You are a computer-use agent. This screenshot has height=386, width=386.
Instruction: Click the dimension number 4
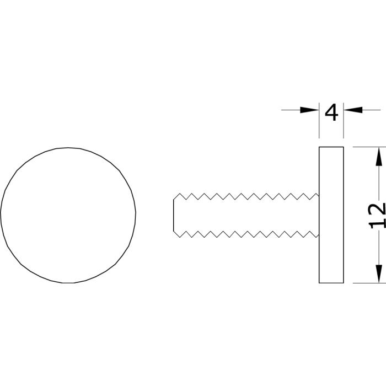click(x=331, y=112)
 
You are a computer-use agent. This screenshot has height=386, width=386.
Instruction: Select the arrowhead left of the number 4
click(x=309, y=110)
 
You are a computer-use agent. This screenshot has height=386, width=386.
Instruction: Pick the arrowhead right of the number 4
click(x=353, y=110)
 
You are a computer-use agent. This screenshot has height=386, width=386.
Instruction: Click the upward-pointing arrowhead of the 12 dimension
click(x=379, y=157)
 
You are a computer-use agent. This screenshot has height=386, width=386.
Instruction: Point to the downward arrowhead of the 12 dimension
click(x=379, y=274)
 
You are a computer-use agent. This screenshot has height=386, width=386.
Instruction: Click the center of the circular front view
click(x=68, y=215)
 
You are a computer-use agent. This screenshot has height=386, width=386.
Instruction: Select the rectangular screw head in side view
click(x=331, y=215)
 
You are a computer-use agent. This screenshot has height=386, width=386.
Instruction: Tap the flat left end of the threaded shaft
click(x=174, y=215)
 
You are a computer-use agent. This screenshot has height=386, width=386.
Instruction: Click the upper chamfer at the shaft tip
click(x=176, y=196)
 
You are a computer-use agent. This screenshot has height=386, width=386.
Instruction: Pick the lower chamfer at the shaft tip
click(x=176, y=234)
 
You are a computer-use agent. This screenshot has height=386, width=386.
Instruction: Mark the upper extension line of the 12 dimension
click(x=369, y=147)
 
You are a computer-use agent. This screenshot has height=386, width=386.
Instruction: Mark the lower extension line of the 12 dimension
click(x=369, y=283)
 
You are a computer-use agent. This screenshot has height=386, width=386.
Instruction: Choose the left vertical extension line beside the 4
click(x=319, y=121)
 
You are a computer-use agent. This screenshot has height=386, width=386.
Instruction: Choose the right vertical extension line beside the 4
click(x=344, y=121)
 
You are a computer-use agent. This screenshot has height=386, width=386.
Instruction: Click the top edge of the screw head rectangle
click(x=331, y=147)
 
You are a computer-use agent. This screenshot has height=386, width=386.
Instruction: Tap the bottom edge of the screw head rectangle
click(x=331, y=283)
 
